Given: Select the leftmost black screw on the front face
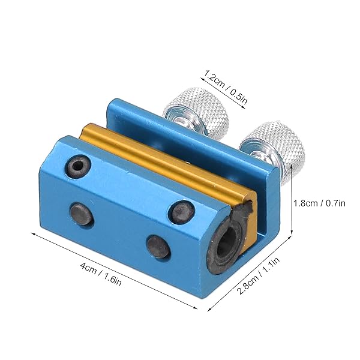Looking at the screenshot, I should [x=82, y=213].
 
